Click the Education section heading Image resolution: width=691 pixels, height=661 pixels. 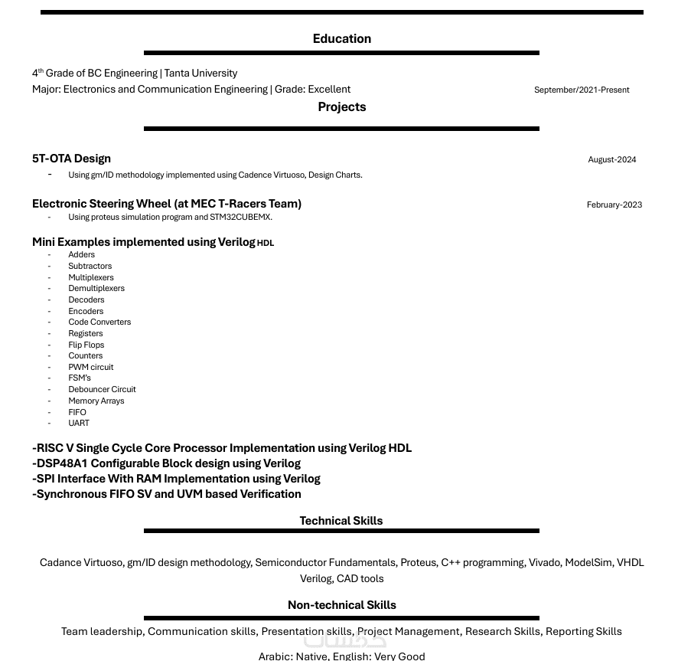[341, 39]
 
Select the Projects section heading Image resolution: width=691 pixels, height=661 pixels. [341, 107]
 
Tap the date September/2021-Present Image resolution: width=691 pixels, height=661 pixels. [582, 90]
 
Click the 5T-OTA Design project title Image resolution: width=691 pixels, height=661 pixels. [71, 159]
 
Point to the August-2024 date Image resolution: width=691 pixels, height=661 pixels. [611, 159]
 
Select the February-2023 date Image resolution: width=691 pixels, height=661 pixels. [614, 205]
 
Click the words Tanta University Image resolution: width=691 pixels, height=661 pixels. [200, 74]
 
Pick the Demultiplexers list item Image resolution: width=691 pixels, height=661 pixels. [96, 289]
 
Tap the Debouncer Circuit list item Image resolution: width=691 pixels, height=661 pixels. [102, 389]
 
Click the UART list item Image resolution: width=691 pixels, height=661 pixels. [79, 423]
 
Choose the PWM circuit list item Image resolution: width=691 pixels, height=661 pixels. [90, 367]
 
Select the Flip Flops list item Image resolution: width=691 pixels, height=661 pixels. [86, 345]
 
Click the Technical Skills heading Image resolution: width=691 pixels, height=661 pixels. [341, 521]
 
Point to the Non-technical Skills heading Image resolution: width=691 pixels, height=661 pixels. [341, 605]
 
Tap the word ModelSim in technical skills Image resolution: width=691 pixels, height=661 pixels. [588, 562]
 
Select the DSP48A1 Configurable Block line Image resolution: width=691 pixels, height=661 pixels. [166, 463]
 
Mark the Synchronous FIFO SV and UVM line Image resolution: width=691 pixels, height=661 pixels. [166, 494]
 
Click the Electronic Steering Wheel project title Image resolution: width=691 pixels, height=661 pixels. [167, 204]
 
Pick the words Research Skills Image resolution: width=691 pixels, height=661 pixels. [502, 631]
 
